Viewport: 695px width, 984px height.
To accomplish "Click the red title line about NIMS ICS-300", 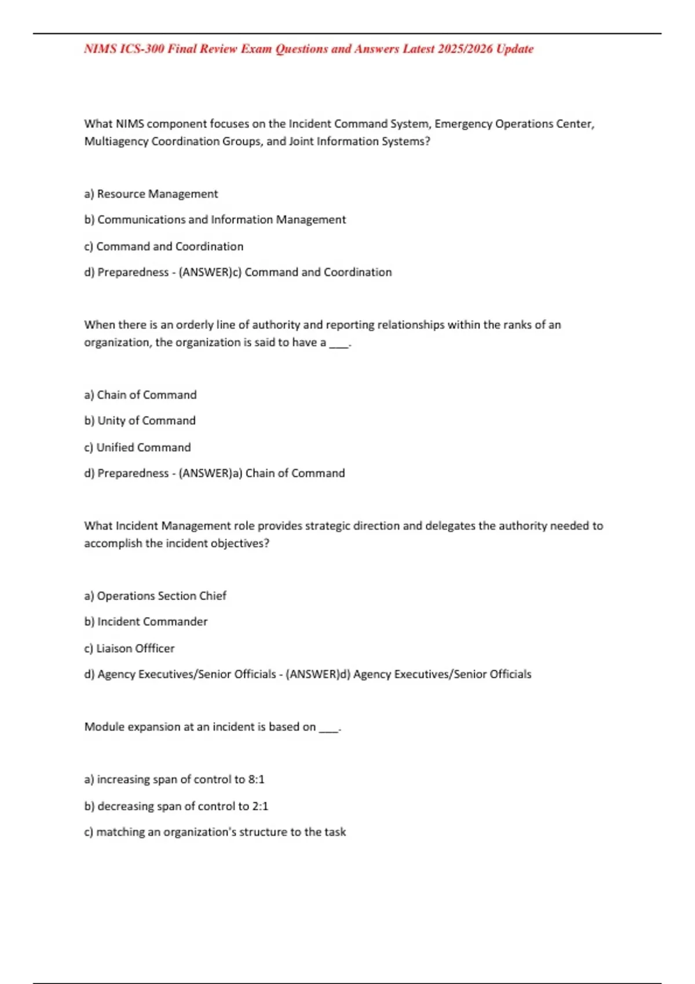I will (308, 49).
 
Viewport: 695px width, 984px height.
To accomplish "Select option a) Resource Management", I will (151, 194).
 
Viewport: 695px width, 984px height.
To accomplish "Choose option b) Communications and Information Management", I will (215, 220).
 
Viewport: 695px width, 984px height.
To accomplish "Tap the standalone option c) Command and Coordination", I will (164, 247).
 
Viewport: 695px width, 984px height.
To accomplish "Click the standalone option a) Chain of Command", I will (141, 395).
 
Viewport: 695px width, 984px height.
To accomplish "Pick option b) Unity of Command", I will (140, 421).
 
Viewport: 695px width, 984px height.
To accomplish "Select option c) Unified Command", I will (138, 447).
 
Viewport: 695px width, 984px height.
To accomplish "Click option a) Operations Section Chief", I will (155, 596).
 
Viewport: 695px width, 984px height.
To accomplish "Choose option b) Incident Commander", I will (146, 622).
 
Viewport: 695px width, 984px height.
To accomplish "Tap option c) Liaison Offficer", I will (130, 648).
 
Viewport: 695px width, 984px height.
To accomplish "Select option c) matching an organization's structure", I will (215, 832).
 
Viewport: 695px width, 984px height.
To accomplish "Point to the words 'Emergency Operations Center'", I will (514, 124).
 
